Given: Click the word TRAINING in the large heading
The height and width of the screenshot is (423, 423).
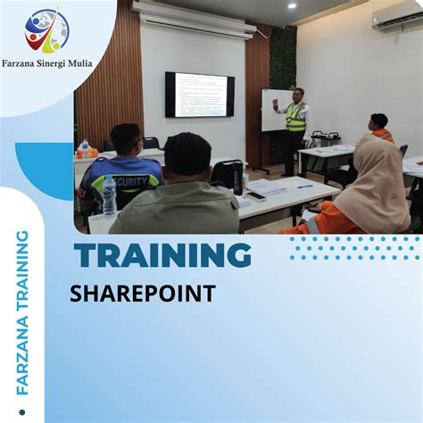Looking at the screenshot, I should click(x=162, y=257).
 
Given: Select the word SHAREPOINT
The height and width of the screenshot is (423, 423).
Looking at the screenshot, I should click(x=143, y=294).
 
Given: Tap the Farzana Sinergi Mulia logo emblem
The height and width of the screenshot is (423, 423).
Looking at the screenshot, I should click(x=46, y=31).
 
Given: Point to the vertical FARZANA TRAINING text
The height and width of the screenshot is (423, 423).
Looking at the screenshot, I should click(x=22, y=312).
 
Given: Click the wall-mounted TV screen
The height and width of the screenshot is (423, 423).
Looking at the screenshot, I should click(x=200, y=94).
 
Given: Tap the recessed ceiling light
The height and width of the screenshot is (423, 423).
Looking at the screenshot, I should click(x=292, y=5).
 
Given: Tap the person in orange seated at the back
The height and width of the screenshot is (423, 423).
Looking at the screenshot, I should click(x=380, y=129).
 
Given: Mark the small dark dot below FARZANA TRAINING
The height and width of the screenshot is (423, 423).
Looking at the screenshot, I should click(x=22, y=413).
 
